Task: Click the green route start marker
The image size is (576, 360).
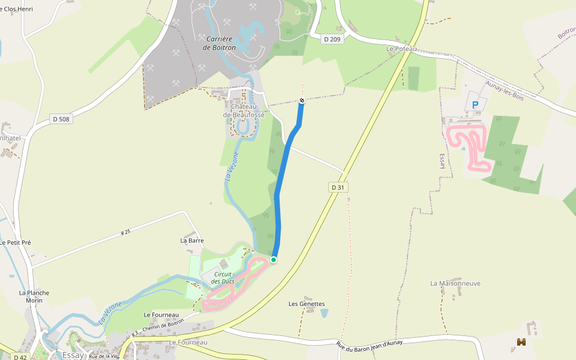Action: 274,259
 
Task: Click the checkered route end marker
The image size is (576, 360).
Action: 302,101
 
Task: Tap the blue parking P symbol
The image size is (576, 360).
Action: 475,105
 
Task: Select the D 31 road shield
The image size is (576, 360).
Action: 338,188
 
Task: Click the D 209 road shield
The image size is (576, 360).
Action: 331,39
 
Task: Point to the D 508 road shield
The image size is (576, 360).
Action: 61,119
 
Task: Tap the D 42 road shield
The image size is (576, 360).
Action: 20,357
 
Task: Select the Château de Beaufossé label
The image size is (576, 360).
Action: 240,110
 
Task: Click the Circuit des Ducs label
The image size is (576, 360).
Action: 221,278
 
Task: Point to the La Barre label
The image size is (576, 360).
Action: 192,240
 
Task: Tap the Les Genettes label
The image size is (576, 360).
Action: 307,304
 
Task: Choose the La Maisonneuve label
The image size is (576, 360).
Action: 455,283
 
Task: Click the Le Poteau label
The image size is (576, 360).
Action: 401,49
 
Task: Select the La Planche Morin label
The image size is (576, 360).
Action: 34,296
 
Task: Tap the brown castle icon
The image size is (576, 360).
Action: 521,342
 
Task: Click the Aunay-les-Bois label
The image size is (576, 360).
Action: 505,91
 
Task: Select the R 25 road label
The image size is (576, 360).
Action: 125,232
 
